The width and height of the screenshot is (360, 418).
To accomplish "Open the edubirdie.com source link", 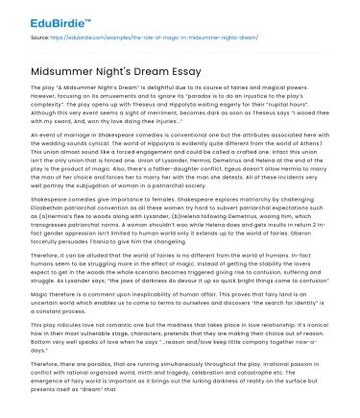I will click(x=134, y=38).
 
